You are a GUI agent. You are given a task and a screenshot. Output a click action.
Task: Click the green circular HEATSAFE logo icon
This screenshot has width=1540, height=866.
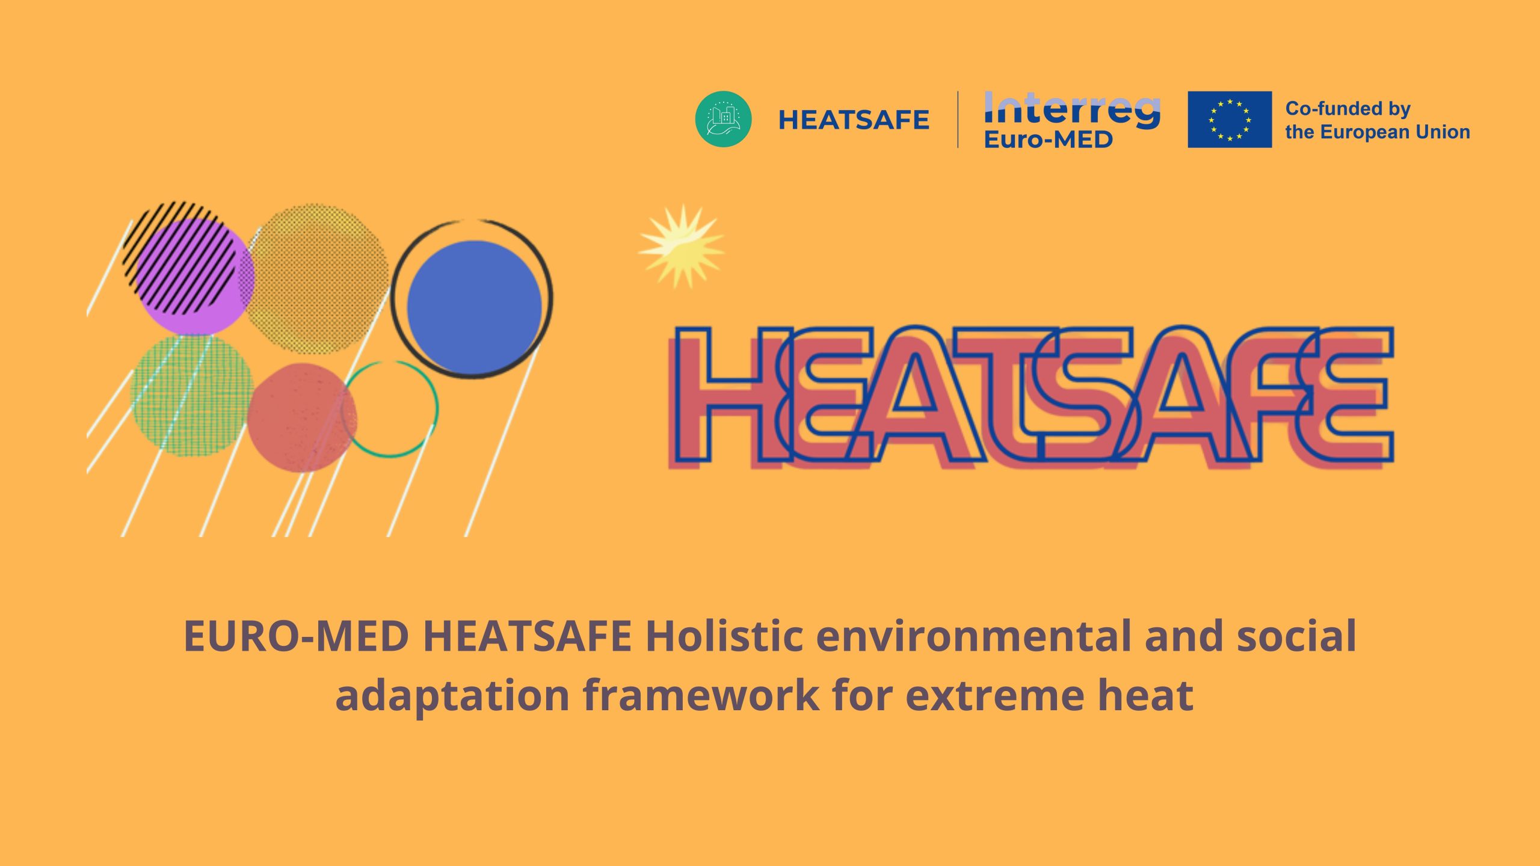723,119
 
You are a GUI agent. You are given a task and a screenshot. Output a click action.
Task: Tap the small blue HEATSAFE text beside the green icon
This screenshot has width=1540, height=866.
854,120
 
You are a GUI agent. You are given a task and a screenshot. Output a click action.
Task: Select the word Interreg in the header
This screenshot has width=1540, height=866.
1072,109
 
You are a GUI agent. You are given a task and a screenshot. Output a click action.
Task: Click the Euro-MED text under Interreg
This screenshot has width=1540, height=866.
1048,140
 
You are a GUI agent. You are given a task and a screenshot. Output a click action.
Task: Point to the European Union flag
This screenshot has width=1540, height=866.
1230,119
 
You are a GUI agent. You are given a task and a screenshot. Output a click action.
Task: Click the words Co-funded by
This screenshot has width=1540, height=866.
1347,109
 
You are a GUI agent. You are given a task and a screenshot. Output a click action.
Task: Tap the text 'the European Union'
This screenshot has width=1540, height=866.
1378,132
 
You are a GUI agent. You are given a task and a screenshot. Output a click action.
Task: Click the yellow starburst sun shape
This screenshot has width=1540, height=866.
682,247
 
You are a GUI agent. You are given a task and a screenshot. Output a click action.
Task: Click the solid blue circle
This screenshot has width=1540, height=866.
474,307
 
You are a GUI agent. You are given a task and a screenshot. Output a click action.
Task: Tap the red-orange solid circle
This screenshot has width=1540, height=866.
301,417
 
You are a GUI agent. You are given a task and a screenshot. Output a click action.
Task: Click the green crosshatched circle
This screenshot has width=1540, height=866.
192,395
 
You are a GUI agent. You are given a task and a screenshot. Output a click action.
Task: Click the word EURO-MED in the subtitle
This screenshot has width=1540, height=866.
297,636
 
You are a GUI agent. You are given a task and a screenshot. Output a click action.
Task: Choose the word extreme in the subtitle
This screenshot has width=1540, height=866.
995,697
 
